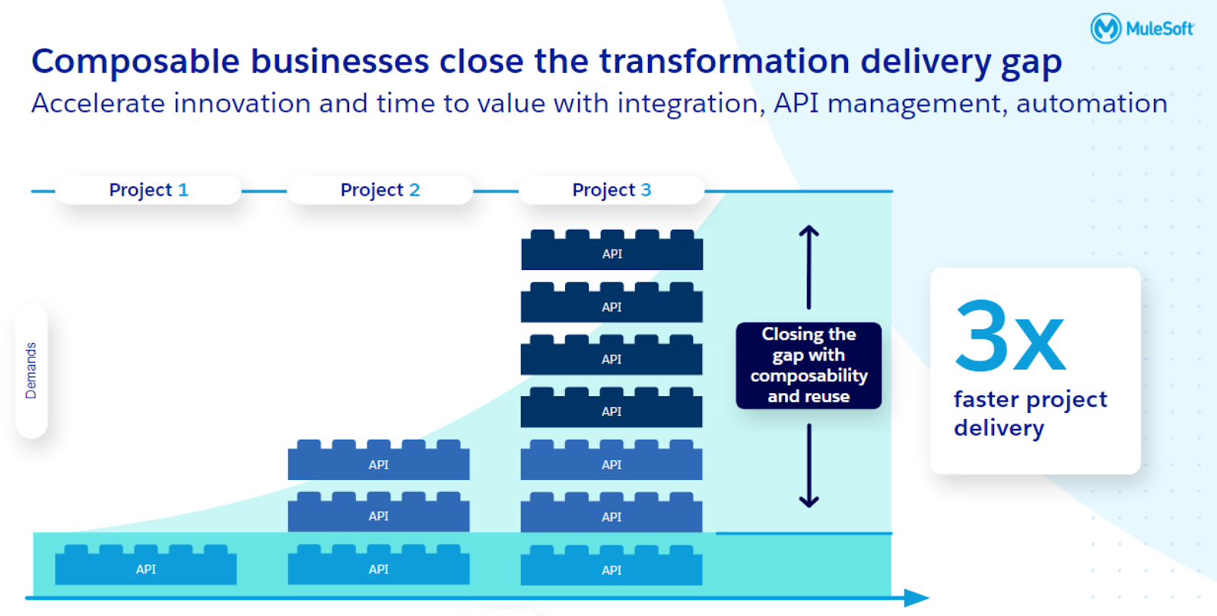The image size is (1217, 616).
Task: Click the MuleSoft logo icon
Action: tap(1105, 29)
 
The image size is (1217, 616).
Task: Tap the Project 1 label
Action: tap(148, 190)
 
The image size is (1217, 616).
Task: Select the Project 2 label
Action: tap(380, 190)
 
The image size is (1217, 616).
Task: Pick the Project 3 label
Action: tap(612, 190)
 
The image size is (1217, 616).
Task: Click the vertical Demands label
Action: tap(31, 370)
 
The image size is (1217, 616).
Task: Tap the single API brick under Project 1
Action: tap(146, 567)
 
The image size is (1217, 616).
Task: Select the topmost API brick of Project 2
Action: tap(379, 462)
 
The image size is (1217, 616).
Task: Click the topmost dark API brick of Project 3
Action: tap(612, 252)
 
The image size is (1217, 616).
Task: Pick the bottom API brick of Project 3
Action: tap(612, 567)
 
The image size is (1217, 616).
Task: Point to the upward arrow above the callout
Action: tap(809, 266)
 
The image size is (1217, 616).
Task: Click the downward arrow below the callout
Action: tap(809, 465)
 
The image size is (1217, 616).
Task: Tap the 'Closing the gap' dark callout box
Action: tap(809, 366)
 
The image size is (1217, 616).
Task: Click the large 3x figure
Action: tap(1010, 335)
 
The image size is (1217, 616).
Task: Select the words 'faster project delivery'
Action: tap(1029, 414)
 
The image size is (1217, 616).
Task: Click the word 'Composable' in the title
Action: tap(135, 62)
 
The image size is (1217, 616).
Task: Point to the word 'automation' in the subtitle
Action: tap(1091, 103)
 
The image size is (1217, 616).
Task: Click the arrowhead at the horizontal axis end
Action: tap(918, 599)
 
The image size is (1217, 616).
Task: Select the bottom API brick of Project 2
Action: tap(379, 567)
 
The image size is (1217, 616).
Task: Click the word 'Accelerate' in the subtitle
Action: tap(98, 103)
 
